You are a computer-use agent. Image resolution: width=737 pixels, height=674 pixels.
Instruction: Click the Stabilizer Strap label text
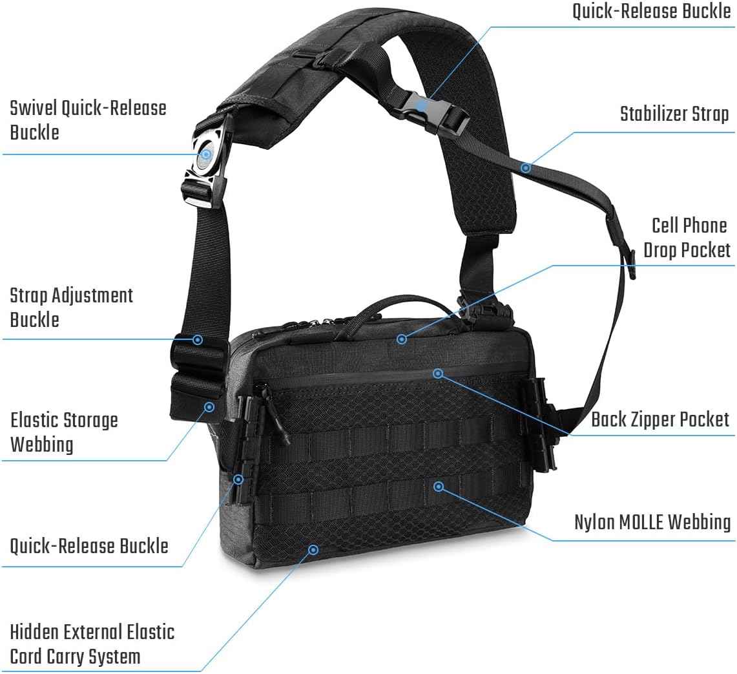(674, 114)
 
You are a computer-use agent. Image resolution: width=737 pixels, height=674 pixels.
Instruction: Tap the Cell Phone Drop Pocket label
(687, 238)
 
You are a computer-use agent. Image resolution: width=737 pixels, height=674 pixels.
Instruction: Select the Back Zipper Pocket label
(660, 419)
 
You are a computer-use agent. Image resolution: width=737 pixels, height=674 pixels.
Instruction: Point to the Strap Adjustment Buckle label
(72, 308)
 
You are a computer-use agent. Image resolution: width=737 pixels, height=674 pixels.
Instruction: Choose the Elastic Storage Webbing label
(64, 432)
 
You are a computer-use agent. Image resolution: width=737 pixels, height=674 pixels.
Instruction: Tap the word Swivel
(34, 108)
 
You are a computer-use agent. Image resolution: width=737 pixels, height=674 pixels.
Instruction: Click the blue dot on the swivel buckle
(206, 154)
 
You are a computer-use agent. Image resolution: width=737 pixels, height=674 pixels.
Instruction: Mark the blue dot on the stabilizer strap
(526, 167)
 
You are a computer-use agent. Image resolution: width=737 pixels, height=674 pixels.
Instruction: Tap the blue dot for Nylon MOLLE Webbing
(439, 487)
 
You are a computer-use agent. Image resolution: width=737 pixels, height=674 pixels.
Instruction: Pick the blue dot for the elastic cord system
(313, 549)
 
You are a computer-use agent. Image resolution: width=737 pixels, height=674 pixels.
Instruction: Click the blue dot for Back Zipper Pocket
(438, 374)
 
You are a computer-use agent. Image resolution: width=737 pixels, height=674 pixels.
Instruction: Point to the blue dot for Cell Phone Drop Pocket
(401, 339)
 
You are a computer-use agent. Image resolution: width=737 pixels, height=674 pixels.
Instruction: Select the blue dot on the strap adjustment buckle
(198, 340)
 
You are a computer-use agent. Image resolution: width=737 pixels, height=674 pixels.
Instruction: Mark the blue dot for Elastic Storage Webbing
(210, 407)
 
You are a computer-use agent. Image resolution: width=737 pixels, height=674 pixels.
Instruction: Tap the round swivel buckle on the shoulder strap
(207, 153)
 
